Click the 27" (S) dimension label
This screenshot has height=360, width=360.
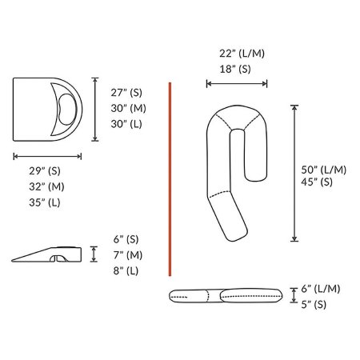tap(126, 93)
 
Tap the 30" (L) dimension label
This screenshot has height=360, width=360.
tap(126, 123)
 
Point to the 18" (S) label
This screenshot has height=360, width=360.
tap(235, 69)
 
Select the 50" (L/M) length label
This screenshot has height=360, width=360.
tap(324, 170)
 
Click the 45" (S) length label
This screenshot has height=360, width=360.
tap(318, 183)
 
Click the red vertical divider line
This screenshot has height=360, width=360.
tap(170, 176)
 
